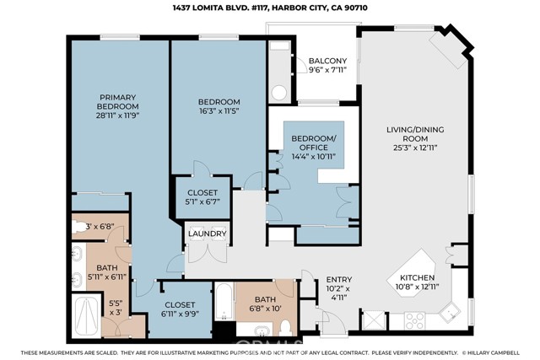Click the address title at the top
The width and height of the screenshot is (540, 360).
(270, 8)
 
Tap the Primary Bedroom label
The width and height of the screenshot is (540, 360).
(118, 102)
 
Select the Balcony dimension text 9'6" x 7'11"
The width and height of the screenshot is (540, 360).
(327, 70)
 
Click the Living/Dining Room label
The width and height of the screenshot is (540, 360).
(415, 134)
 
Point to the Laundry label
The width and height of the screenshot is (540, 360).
(208, 234)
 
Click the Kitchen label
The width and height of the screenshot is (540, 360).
(417, 277)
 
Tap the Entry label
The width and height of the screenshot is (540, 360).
(339, 279)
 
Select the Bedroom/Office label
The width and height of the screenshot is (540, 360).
(314, 143)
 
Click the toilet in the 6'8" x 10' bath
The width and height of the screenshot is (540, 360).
(285, 328)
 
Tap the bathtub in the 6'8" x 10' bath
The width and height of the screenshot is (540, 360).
(224, 302)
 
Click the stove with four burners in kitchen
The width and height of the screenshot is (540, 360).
(414, 320)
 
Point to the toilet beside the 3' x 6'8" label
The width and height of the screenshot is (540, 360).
(79, 227)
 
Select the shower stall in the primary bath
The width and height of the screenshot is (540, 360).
(86, 315)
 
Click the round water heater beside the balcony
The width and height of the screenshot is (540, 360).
(279, 92)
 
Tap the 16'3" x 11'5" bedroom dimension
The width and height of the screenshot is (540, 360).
(219, 110)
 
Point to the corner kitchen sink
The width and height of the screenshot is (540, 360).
(450, 313)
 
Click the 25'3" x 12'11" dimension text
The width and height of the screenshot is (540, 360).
(415, 148)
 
